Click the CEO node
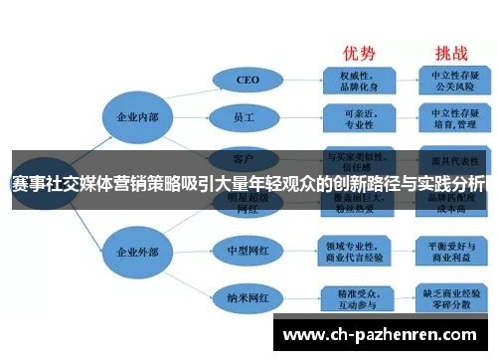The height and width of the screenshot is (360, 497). (x=248, y=79)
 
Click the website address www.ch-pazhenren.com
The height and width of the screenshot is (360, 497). (x=384, y=335)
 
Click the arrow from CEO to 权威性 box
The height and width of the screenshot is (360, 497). (x=302, y=79)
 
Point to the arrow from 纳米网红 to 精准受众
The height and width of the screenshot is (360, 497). (x=302, y=296)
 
